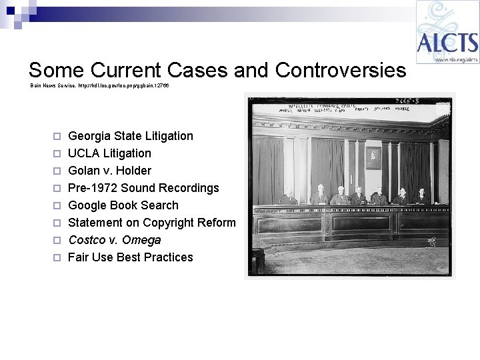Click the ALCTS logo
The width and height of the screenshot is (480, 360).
[447, 32]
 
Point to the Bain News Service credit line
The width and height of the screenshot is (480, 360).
[99, 86]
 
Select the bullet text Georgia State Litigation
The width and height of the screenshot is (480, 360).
[131, 136]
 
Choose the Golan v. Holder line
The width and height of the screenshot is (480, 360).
[109, 171]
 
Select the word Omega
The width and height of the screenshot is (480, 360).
[141, 240]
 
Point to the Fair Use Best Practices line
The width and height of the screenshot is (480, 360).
[131, 257]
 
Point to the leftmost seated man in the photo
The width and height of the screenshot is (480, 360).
[287, 197]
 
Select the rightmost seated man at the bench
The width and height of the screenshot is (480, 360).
[421, 195]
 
